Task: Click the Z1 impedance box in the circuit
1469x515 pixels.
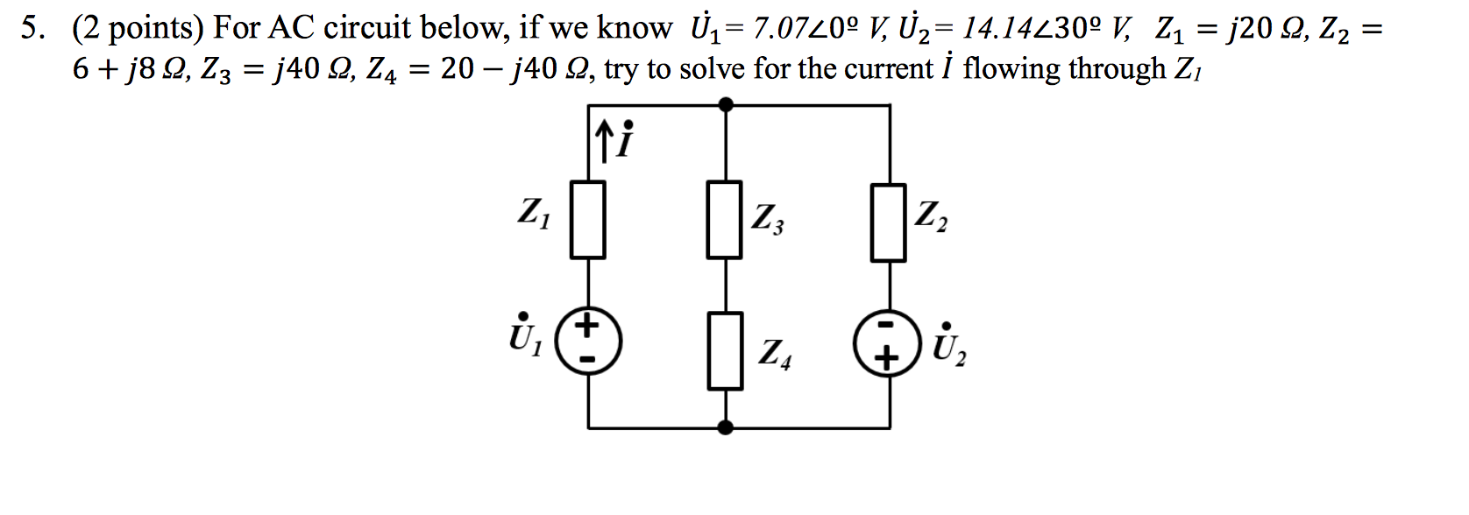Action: click(587, 220)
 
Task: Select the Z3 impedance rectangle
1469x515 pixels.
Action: click(725, 220)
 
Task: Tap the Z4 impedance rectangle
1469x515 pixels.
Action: click(726, 351)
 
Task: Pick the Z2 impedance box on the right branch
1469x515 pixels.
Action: click(889, 222)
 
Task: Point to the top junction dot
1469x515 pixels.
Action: click(726, 104)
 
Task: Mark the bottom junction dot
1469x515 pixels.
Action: click(726, 428)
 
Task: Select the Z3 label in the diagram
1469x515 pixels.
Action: click(768, 219)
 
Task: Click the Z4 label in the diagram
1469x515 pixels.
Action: click(775, 355)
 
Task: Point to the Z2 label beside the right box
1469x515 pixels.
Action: click(931, 216)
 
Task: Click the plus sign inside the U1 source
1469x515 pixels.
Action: click(588, 324)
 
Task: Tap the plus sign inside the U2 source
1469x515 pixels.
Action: click(887, 360)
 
